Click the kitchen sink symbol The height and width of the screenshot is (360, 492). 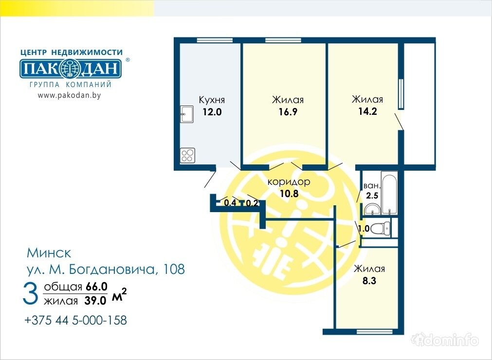[187, 114]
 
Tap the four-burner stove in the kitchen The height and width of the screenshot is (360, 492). [187, 155]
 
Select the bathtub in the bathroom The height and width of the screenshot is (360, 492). [389, 193]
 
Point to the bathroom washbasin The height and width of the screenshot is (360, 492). [372, 209]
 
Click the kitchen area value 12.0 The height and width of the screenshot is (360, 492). [212, 111]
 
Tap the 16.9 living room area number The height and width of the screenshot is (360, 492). [288, 111]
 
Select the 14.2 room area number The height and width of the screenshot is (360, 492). [367, 111]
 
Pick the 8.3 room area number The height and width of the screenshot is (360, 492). [369, 280]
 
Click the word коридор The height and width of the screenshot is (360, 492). [289, 182]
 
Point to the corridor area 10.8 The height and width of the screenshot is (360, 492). [289, 194]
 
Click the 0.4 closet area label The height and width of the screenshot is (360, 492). [230, 202]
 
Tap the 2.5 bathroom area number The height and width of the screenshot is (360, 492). [372, 196]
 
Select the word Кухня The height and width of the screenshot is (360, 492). [212, 100]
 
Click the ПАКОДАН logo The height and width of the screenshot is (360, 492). [71, 69]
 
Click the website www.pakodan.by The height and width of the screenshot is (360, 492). [69, 95]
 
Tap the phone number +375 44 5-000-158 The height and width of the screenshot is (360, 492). [75, 320]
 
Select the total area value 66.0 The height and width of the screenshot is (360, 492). [97, 287]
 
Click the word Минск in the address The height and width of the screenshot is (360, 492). [49, 253]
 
